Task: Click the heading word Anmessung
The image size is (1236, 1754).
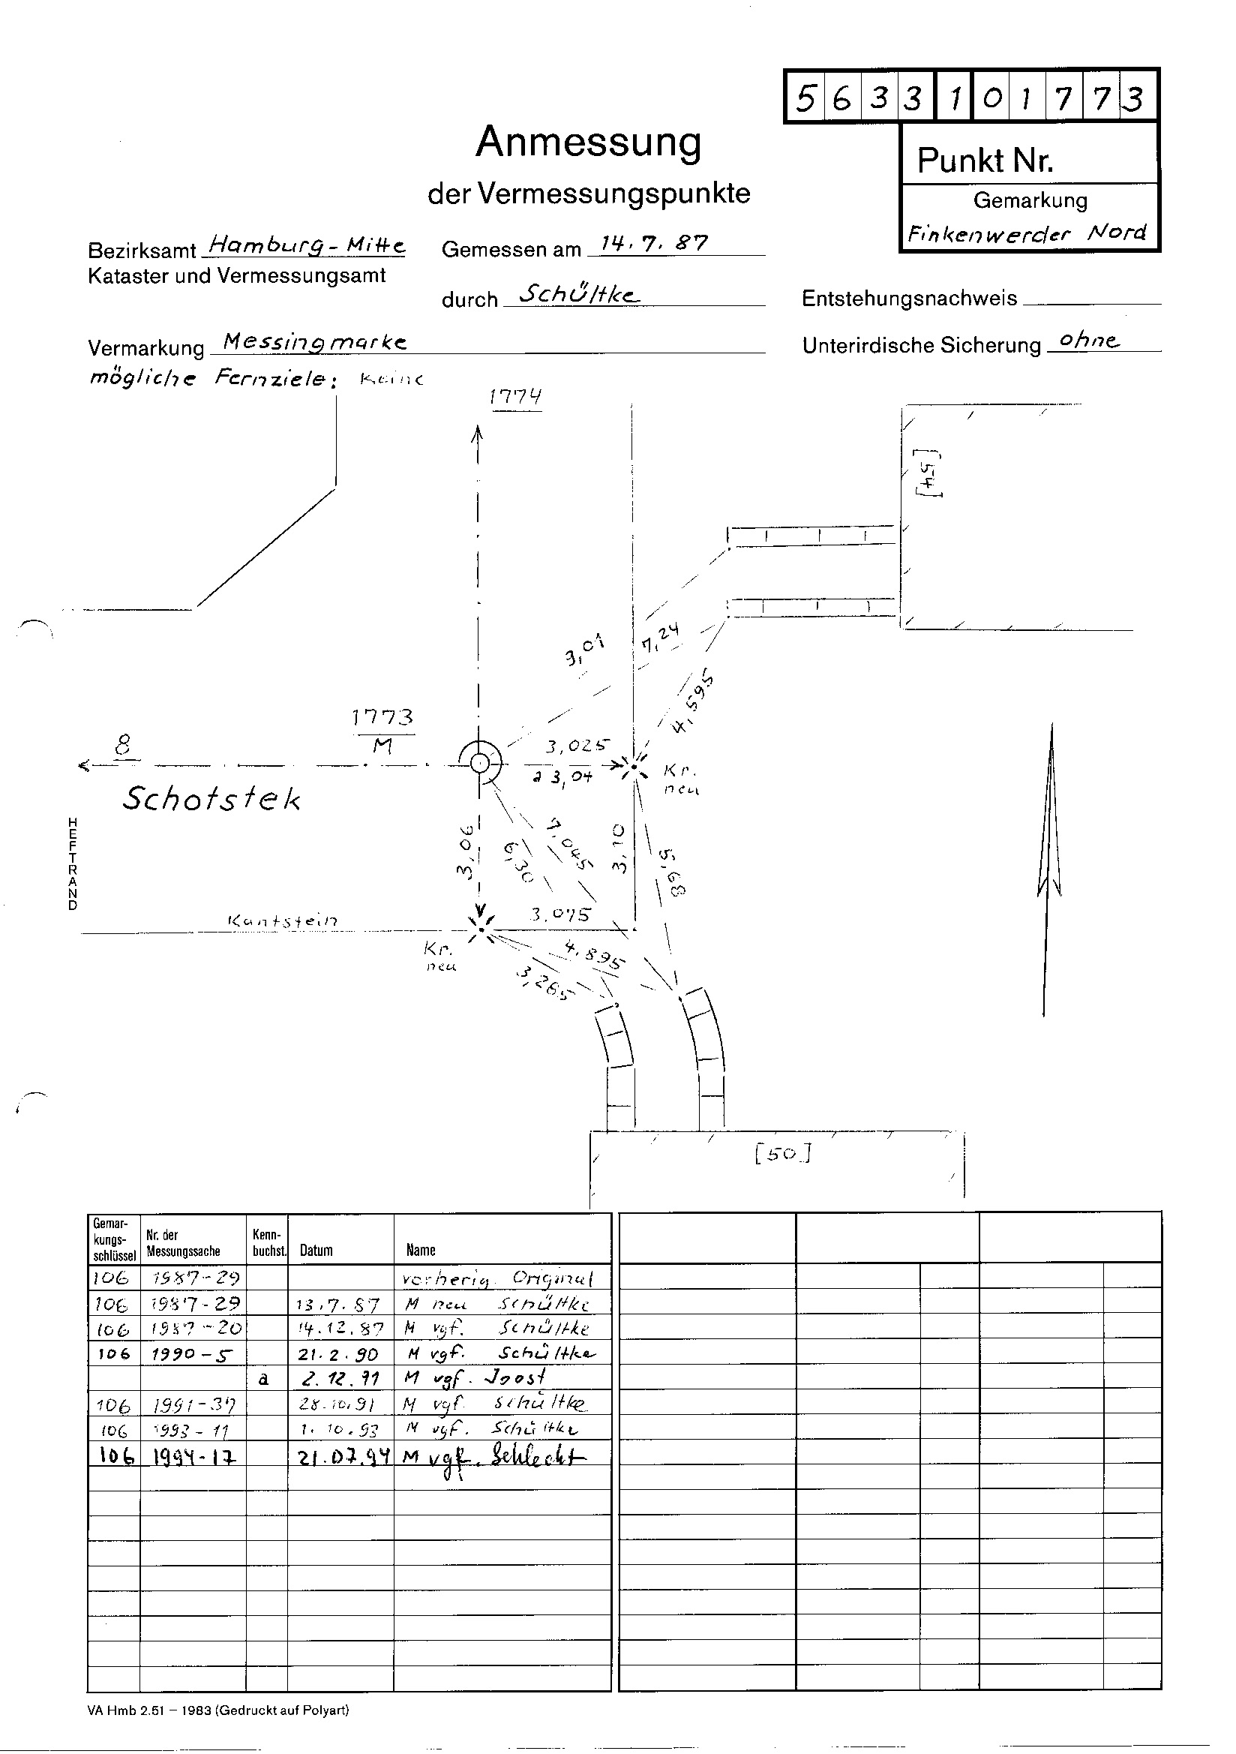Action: (588, 143)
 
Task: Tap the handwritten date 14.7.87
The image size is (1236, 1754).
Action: (655, 244)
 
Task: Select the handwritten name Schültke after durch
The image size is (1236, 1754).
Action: (578, 295)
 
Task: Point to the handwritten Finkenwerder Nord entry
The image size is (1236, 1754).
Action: (1027, 233)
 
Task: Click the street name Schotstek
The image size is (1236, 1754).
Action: (211, 798)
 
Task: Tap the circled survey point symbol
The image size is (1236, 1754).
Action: (479, 762)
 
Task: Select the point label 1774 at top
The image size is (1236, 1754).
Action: (517, 398)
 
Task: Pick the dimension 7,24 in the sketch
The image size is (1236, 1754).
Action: (661, 636)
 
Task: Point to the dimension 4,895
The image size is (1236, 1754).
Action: (595, 955)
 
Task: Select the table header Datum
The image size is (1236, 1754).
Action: (316, 1251)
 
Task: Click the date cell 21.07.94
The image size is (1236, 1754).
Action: (340, 1458)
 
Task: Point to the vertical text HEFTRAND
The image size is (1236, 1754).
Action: (73, 863)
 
